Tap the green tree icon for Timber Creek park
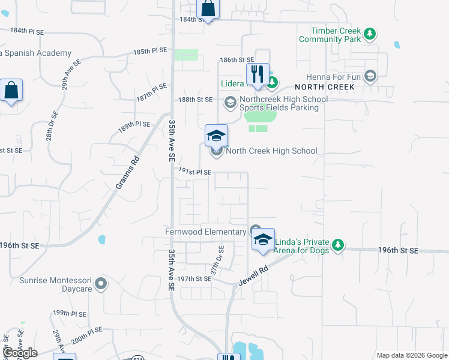(370, 33)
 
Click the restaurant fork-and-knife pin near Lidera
(258, 74)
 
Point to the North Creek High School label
(271, 151)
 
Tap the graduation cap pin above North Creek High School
(217, 136)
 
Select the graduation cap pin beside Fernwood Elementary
(263, 239)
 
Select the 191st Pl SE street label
(195, 172)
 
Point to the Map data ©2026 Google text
(411, 355)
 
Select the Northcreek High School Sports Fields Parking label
(279, 104)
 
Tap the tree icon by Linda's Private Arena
(339, 245)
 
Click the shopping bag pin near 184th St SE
(208, 9)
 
